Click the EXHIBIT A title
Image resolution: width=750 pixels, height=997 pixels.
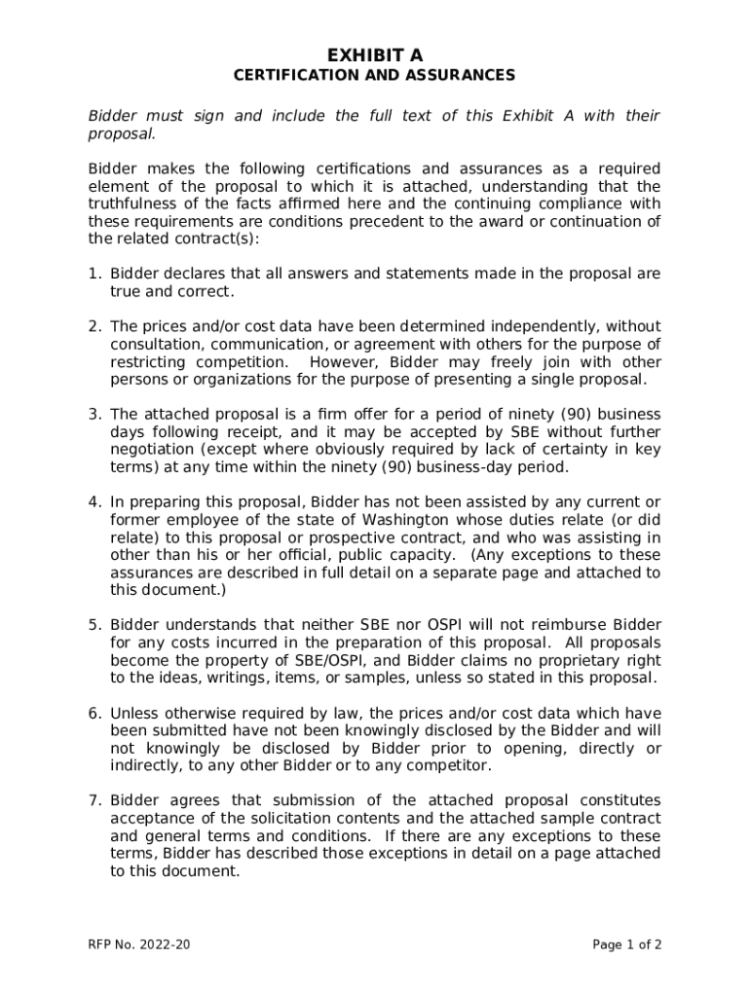[375, 55]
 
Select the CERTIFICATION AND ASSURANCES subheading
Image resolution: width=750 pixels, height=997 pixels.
[375, 75]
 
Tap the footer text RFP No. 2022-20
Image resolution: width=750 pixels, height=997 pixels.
[136, 944]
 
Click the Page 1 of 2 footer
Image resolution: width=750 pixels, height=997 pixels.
[627, 944]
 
